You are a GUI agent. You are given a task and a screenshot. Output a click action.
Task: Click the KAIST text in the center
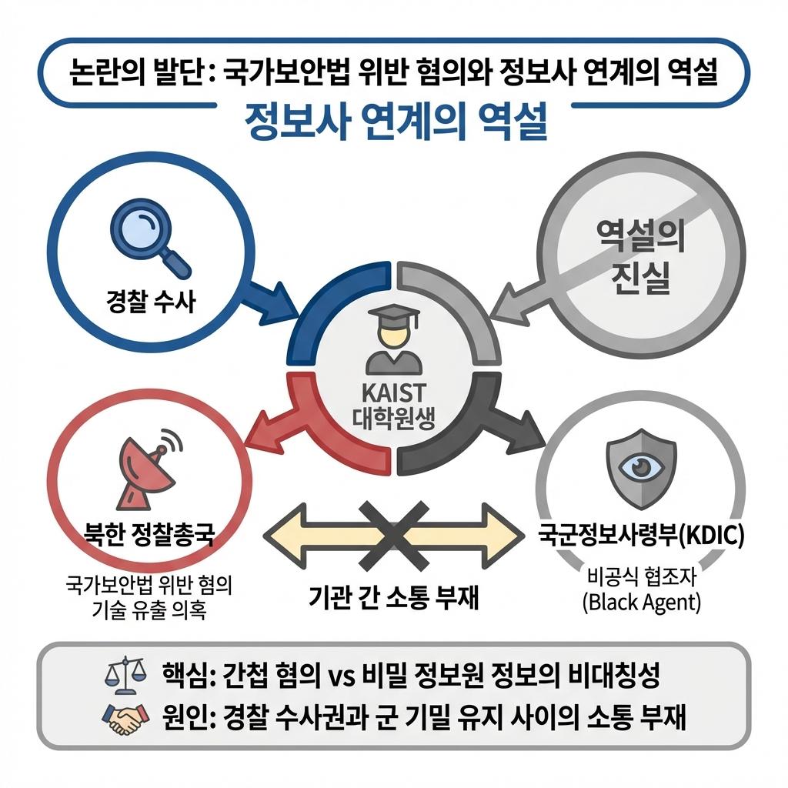point(394,394)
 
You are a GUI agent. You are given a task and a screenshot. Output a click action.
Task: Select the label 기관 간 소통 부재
point(393,597)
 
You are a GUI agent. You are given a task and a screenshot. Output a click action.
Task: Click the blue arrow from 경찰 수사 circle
point(270,300)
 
